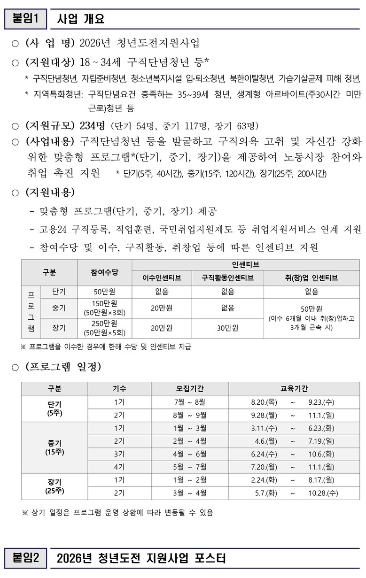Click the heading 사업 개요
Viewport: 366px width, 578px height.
tap(80, 19)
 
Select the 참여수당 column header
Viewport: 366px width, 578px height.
tap(104, 272)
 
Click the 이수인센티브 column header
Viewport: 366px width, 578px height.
tap(162, 278)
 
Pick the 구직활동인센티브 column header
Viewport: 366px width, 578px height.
tap(228, 278)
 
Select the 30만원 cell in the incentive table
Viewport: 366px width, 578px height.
tap(228, 328)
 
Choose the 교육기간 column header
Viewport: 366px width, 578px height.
tap(295, 389)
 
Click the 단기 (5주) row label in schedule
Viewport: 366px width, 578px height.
tap(55, 408)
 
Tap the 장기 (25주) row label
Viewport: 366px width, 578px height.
tap(55, 486)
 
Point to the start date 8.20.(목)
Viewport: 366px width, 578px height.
tap(264, 402)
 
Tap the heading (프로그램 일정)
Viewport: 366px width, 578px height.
tap(63, 366)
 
